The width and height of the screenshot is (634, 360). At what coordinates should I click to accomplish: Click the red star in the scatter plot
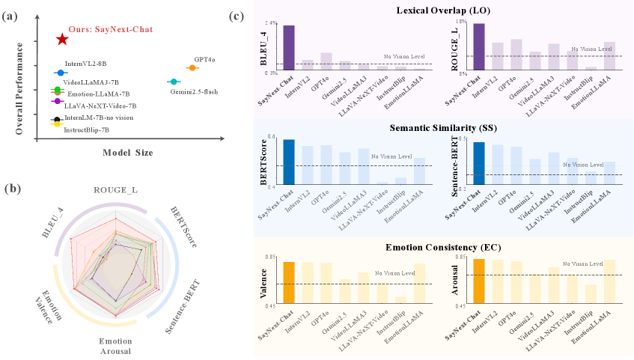click(x=62, y=39)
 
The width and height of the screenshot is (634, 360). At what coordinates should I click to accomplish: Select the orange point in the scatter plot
click(x=192, y=68)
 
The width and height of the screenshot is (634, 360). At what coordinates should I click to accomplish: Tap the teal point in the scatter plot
click(x=173, y=81)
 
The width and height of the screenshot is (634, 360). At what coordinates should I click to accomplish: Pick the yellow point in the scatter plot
click(x=55, y=123)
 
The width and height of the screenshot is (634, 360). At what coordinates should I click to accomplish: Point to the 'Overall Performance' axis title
click(x=19, y=88)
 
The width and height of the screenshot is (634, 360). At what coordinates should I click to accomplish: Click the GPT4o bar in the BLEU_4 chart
click(x=326, y=61)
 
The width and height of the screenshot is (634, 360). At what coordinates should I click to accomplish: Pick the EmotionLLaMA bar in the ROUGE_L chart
click(x=610, y=56)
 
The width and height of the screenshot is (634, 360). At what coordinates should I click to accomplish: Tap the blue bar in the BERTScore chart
click(x=288, y=161)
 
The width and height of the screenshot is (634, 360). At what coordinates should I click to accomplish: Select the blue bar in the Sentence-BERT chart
click(x=479, y=162)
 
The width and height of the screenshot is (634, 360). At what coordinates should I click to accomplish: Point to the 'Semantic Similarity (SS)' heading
click(x=443, y=128)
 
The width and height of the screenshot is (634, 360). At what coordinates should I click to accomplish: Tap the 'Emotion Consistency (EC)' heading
click(x=443, y=247)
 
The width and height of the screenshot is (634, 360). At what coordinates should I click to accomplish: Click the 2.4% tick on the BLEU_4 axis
click(x=271, y=23)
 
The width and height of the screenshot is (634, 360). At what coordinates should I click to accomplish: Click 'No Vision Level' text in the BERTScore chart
click(x=391, y=156)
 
